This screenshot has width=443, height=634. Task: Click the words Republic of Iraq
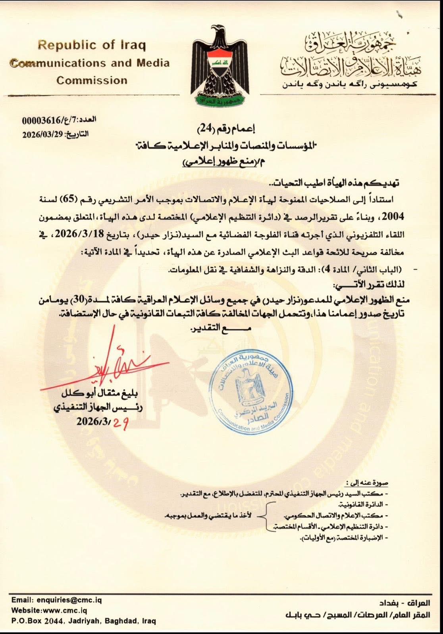tap(92, 45)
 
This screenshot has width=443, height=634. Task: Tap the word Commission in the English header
tap(92, 80)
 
